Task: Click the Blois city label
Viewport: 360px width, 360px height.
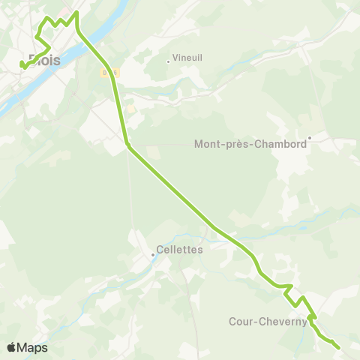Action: point(44,60)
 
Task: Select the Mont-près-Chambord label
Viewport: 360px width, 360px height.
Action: point(250,144)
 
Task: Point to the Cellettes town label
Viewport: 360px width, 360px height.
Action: point(180,250)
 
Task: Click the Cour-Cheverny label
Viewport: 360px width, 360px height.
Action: point(268,322)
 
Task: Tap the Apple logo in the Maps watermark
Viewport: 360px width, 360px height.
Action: point(11,347)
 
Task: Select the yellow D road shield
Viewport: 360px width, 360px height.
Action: point(106,72)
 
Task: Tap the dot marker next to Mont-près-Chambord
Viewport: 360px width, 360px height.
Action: point(309,136)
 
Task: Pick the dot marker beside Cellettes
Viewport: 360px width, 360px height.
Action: point(153,255)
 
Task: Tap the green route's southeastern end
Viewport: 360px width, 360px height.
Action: point(338,347)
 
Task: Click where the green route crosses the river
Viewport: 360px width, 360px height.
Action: point(84,39)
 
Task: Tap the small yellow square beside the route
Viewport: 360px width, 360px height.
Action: point(130,109)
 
